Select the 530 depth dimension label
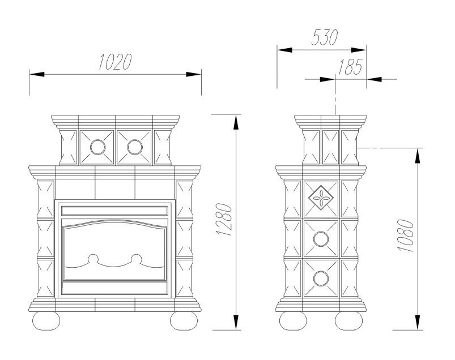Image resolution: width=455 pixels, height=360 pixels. point(324,37)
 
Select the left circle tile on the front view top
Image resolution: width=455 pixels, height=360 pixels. point(97,147)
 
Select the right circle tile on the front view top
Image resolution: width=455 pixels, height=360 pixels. point(134,147)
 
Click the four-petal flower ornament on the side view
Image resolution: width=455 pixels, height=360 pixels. point(321,198)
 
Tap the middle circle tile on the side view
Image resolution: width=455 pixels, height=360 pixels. point(321,238)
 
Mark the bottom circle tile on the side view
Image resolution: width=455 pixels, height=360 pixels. point(321,277)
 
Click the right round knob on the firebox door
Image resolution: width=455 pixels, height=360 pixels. point(137,260)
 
